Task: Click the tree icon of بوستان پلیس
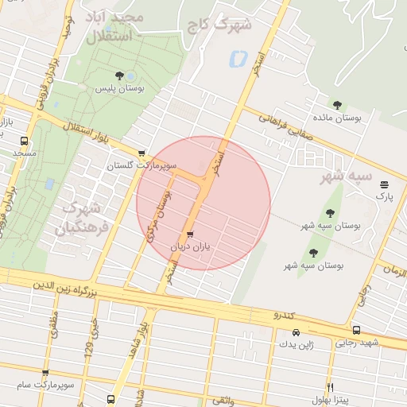(118, 76)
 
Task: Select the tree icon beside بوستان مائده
(338, 104)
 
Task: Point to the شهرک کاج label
(219, 25)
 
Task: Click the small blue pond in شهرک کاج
(237, 59)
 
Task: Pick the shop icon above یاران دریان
(189, 235)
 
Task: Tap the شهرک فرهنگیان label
(80, 219)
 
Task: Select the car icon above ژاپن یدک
(295, 331)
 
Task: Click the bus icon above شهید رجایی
(355, 330)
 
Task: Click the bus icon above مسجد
(23, 141)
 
